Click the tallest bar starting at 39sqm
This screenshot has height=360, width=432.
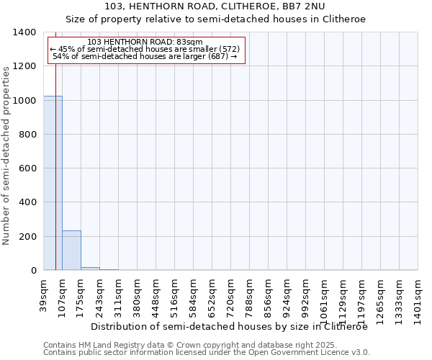[53, 183]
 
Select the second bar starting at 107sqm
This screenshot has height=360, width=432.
[71, 251]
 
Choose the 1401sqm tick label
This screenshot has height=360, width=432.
[418, 294]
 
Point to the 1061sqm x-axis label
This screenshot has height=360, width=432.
[325, 294]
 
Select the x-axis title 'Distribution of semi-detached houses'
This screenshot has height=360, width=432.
[230, 326]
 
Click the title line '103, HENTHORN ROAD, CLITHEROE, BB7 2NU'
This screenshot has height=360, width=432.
[215, 6]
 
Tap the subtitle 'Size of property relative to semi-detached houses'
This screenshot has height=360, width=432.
[215, 19]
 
